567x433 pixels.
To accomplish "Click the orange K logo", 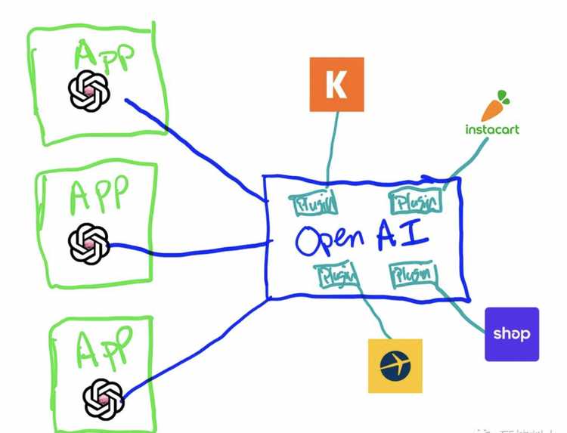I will (x=336, y=84).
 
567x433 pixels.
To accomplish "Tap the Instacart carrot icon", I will (x=496, y=107).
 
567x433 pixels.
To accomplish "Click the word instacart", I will (x=492, y=129).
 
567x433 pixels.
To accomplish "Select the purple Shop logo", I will (x=512, y=334).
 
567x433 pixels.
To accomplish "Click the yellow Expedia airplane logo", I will (x=395, y=366).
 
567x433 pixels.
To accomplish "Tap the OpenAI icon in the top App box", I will (x=89, y=91).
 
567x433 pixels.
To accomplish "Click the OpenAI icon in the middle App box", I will (x=89, y=244).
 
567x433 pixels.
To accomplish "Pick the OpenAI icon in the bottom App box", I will (x=104, y=399).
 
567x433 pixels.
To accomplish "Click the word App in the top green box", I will (x=104, y=57).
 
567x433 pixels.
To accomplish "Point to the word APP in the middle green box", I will (x=99, y=196).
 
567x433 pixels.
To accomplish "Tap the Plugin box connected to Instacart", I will (x=415, y=202).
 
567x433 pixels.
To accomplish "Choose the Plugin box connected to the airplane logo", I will (x=337, y=276).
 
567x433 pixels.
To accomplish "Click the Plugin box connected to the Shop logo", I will (x=413, y=274).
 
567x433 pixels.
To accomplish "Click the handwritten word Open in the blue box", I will (x=330, y=240).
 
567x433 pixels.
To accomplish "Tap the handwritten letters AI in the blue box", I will (x=403, y=236).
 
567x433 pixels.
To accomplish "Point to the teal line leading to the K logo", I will (x=331, y=147).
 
